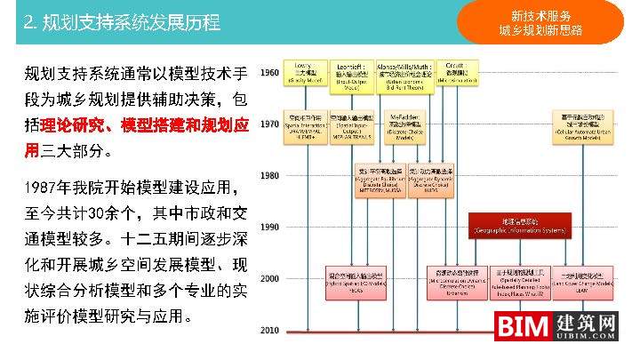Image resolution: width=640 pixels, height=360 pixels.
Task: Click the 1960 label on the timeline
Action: tap(269, 73)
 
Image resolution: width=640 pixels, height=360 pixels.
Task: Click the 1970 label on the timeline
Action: tap(269, 124)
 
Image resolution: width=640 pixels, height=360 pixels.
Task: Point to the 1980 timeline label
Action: tap(269, 176)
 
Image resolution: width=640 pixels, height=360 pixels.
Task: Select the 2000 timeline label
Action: tap(269, 279)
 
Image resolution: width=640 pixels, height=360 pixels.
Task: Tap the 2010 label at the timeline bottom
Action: tap(269, 331)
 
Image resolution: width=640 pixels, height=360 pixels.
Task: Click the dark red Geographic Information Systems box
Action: tap(519, 227)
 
